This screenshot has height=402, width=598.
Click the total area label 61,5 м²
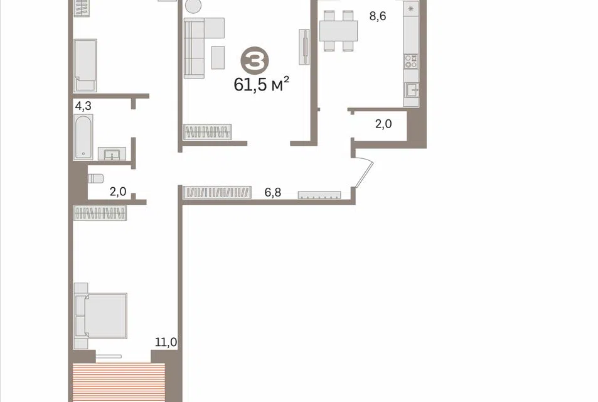pos(261,84)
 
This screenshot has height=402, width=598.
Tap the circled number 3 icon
pos(255,60)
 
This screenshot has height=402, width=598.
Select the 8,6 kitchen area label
pos(378,16)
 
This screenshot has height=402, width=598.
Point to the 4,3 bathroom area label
pos(83,106)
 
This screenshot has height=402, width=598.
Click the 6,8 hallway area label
pos(273,192)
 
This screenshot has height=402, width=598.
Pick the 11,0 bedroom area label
pos(166,342)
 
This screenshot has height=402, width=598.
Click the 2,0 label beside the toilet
pos(118,192)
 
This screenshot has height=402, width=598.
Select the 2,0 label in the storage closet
pos(383,124)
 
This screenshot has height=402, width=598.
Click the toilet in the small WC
pos(95,178)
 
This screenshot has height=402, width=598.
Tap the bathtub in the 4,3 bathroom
pos(83,137)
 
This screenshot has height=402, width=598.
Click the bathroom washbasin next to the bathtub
pos(112,154)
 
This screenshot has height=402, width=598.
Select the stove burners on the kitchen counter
pos(411,62)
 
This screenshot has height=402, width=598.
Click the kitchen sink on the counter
pos(412,90)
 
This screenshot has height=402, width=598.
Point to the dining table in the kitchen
pos(338,31)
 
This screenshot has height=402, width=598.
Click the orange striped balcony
pos(119,382)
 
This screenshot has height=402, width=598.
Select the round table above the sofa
pos(193,6)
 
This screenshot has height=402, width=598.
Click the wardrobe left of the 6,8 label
pos(217,192)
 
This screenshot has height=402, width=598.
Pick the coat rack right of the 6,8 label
pos(319,195)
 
